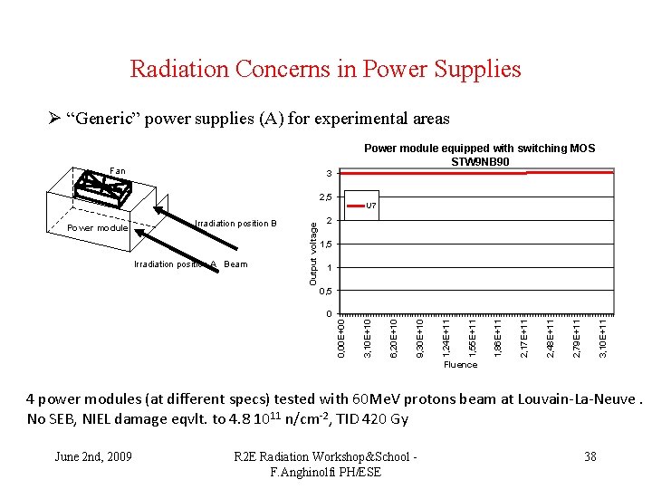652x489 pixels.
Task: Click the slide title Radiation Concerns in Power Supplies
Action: (325, 69)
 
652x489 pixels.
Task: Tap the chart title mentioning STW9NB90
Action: (479, 155)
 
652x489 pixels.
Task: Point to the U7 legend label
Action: (370, 206)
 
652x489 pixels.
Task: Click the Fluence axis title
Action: (460, 365)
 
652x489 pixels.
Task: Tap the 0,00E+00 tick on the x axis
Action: (340, 336)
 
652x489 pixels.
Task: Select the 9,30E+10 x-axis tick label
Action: (419, 336)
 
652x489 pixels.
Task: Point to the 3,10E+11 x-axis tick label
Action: (603, 336)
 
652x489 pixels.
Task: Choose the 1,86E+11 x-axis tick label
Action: (498, 336)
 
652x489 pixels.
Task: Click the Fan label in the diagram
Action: (118, 170)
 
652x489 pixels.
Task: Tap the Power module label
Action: (98, 228)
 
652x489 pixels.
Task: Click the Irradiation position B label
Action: (235, 223)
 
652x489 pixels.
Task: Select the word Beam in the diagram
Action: (235, 264)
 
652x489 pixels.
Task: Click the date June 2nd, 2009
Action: (92, 456)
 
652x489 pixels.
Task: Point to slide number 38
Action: (590, 456)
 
